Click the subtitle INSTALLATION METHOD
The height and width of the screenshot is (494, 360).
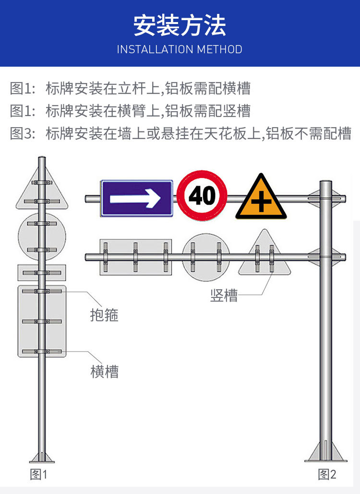[x=180, y=49]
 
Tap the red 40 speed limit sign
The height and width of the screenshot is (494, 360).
[x=202, y=195]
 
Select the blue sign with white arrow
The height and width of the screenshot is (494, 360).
[x=136, y=198]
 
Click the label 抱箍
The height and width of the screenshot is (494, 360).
[x=104, y=315]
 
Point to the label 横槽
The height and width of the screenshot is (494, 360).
[x=104, y=371]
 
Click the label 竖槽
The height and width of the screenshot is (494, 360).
[x=224, y=295]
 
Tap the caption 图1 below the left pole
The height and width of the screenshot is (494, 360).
[x=39, y=475]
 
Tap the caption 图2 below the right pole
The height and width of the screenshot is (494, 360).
[x=327, y=475]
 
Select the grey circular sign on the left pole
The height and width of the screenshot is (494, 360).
[x=41, y=236]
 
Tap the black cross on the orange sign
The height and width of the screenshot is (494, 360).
[x=261, y=202]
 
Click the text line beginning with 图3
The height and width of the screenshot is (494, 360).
[x=180, y=133]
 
